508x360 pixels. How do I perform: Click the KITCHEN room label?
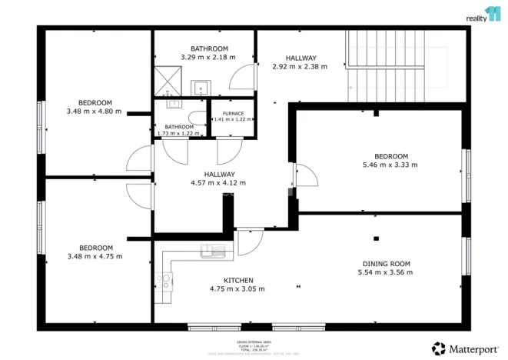coord(237,280)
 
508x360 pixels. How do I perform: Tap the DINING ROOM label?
coord(387,264)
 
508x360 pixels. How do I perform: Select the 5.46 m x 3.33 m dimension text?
coord(390,165)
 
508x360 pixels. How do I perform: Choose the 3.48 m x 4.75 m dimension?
coord(95,256)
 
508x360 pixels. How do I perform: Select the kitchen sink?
coord(213,249)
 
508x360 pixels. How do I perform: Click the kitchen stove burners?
coord(163,282)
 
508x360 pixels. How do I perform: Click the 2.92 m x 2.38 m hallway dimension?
coord(300,66)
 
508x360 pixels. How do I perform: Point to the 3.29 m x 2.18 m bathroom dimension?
coord(208,57)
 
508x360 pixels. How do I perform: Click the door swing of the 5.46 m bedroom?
coord(307,175)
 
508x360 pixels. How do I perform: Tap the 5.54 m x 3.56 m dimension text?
coord(387,272)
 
